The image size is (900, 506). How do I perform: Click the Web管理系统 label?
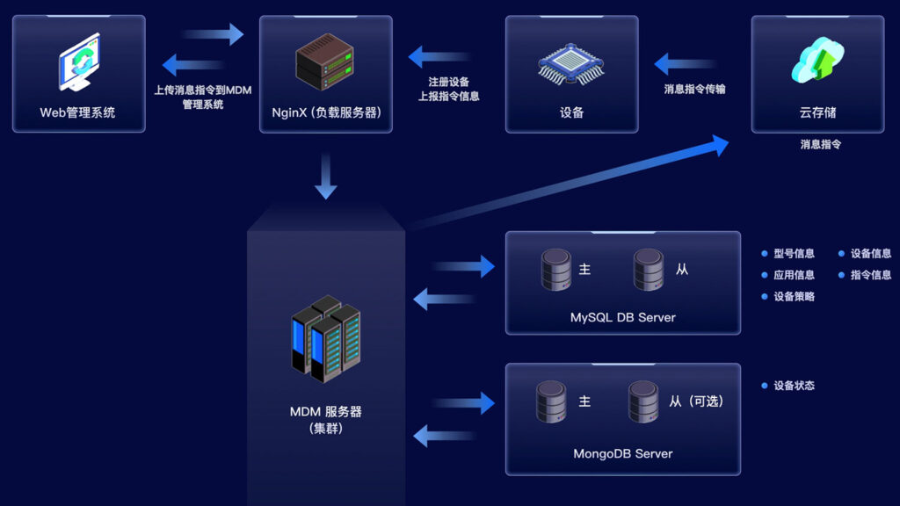coord(77,112)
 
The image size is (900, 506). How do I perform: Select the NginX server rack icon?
coord(324,62)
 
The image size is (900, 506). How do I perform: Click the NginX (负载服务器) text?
coord(325,112)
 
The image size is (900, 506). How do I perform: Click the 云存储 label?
coord(817,112)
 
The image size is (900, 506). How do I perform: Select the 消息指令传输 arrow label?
coord(694,89)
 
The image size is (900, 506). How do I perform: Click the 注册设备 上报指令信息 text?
coord(447,90)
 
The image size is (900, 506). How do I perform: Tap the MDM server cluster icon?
coord(325,337)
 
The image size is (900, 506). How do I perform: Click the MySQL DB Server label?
coord(622,317)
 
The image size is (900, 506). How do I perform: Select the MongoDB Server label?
coord(622,454)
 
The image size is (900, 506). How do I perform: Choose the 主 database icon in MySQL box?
coord(556,270)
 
